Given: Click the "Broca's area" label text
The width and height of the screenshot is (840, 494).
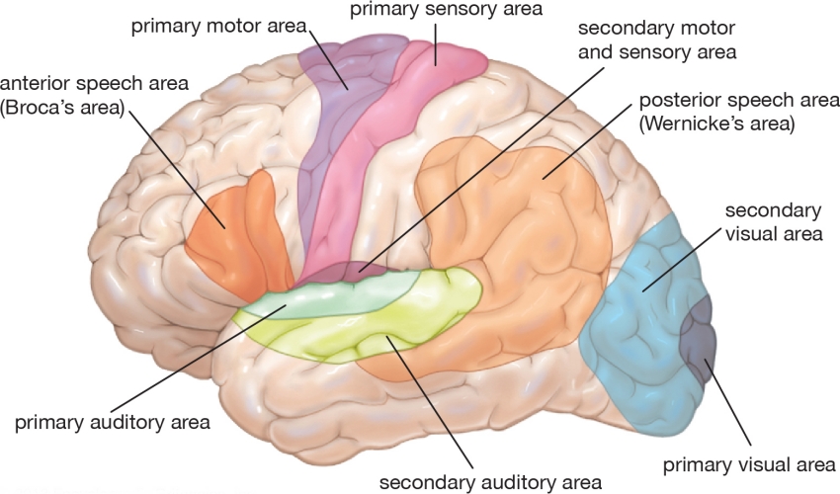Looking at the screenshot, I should tap(64, 107).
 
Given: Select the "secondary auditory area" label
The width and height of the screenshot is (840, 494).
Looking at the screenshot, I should tap(490, 482).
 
